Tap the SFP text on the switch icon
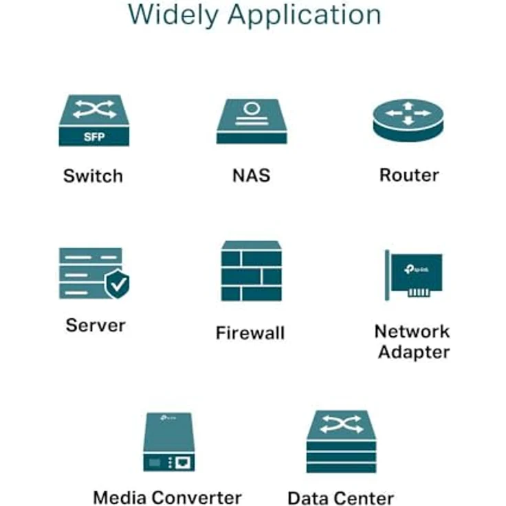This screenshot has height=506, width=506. coord(94,136)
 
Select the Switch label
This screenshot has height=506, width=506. coord(93,175)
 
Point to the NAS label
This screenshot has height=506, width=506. coord(251,175)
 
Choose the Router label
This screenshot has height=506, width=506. coord(409,175)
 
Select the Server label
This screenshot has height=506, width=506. coord(96,324)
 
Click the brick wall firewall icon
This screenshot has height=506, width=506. coord(251,272)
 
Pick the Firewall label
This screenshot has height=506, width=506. coord(250,333)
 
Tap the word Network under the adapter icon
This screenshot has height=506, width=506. coord(412,331)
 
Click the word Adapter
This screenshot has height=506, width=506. coord(414,353)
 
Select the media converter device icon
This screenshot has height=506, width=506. coord(169,441)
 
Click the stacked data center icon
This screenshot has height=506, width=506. coord(341,442)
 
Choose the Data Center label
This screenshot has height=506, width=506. coord(340,498)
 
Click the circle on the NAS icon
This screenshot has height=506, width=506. coord(252,109)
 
